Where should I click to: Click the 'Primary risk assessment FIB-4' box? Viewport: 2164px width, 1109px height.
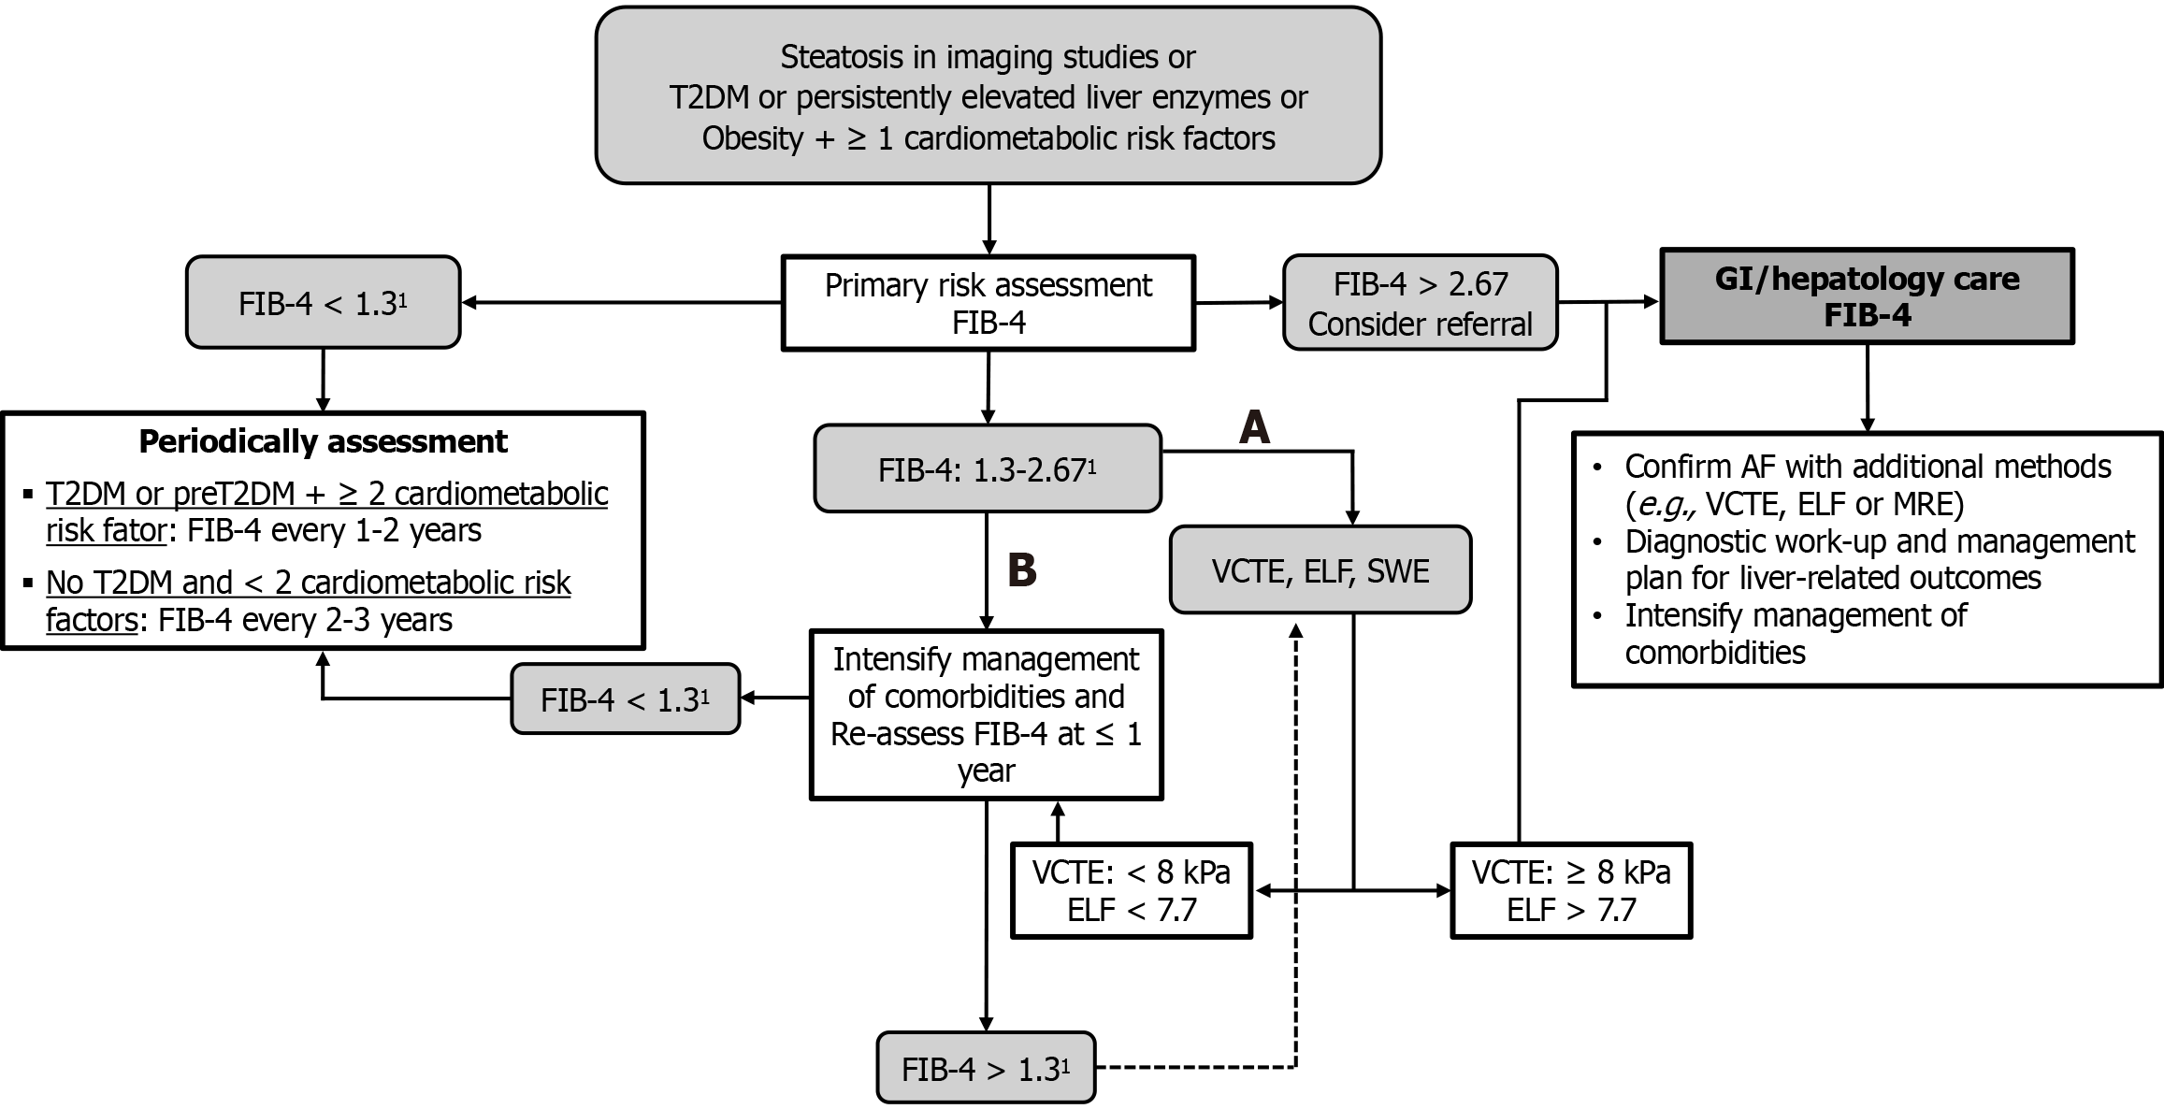tap(988, 303)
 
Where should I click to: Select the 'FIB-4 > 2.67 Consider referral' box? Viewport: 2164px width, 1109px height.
tap(1420, 303)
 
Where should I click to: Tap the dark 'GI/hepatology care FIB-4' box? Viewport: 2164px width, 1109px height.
tap(1867, 296)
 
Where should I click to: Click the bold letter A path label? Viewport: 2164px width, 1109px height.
tap(1254, 427)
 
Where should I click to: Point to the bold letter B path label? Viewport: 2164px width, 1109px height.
tap(1022, 569)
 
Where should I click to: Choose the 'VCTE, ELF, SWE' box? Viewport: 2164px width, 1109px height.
tap(1320, 570)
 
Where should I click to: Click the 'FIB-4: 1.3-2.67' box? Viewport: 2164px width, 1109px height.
tap(987, 468)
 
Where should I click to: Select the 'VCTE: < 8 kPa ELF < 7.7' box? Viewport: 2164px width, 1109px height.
tap(1131, 891)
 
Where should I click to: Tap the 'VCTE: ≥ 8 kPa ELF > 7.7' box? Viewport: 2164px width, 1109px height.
tap(1570, 891)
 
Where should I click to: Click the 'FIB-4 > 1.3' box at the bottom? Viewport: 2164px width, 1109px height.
tap(985, 1068)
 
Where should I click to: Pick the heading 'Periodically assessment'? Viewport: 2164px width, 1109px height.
tap(323, 441)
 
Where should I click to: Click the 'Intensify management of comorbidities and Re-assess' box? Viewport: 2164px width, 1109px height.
tap(986, 714)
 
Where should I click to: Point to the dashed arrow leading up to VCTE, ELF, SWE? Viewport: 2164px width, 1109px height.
tap(1295, 842)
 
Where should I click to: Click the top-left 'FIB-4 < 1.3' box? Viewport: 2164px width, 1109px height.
tap(323, 303)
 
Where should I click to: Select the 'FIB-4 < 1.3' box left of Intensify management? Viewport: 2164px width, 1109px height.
tap(625, 699)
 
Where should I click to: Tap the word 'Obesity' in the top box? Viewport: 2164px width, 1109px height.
tap(753, 138)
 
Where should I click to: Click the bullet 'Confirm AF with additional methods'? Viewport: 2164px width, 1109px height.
tap(1867, 467)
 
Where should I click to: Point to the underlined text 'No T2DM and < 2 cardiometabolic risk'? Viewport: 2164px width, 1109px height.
tap(308, 583)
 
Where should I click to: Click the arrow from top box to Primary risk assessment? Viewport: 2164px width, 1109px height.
tap(988, 220)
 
